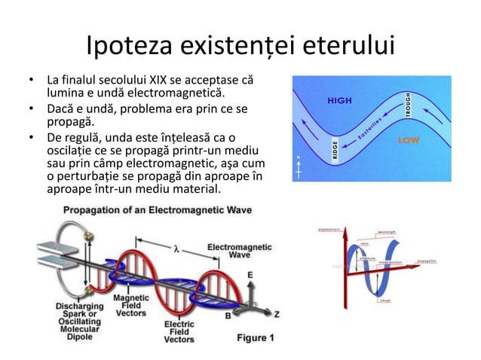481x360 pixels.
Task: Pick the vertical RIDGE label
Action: [334, 151]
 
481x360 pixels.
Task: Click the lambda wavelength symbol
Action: [176, 249]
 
